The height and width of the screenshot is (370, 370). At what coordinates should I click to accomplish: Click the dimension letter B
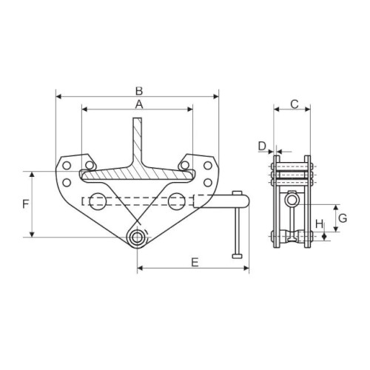(139, 91)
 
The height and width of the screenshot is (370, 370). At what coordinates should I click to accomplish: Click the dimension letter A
(139, 104)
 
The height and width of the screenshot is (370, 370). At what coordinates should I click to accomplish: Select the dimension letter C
(295, 104)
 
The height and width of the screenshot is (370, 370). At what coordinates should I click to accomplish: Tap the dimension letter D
(262, 147)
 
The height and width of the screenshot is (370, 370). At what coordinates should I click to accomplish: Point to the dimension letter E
(195, 262)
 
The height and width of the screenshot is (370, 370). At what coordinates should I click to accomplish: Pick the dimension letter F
(26, 204)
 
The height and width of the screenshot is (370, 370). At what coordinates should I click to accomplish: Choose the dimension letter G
(343, 218)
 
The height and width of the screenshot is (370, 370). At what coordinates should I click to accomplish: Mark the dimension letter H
(320, 224)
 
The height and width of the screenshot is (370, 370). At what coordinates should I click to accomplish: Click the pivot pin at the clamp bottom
(137, 238)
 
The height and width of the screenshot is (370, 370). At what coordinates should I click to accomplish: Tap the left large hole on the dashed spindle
(98, 201)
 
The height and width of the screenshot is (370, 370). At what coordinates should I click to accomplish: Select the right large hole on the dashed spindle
(177, 201)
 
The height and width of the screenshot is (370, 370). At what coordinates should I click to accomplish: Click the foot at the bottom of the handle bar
(238, 256)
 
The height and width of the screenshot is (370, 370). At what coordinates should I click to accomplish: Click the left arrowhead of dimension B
(58, 97)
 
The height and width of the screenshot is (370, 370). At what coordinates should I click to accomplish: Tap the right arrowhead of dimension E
(246, 268)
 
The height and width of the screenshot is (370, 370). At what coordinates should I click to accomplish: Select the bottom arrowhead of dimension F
(32, 234)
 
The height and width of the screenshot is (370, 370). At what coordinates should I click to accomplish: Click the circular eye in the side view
(292, 201)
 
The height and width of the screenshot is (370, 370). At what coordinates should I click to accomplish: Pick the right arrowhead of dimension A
(190, 110)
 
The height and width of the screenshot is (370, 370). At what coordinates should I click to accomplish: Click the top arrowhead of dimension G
(335, 207)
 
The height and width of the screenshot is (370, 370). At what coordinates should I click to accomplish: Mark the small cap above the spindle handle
(237, 192)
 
